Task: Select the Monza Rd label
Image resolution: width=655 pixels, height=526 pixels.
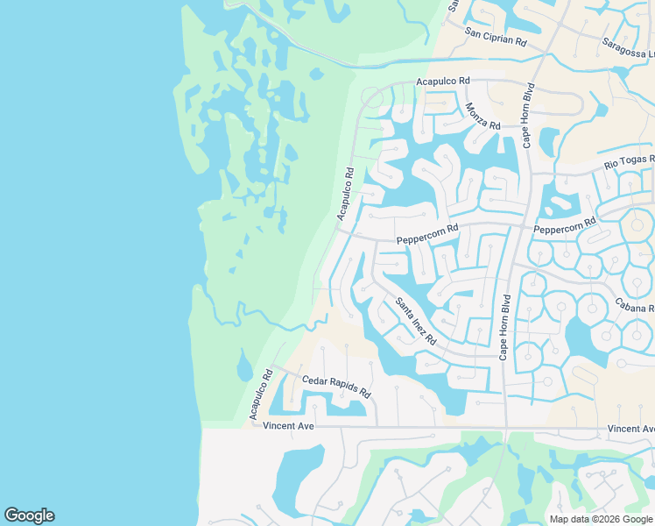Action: pos(482,117)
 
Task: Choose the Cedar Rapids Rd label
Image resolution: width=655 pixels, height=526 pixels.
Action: pos(337,387)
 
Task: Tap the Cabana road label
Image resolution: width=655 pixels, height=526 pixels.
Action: pos(635,307)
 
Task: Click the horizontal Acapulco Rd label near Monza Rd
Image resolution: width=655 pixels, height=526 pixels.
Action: pos(443,81)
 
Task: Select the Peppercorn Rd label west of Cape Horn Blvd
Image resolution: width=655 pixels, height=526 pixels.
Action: pos(427,234)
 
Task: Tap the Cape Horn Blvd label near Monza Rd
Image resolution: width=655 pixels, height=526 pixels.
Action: pos(528,115)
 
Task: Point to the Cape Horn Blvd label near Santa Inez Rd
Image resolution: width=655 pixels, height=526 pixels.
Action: pos(504,326)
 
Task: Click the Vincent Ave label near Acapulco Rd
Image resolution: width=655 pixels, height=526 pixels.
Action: pos(288,425)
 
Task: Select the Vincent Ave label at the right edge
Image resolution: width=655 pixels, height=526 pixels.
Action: pos(631,429)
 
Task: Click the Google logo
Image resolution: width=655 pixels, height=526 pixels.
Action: pos(29,515)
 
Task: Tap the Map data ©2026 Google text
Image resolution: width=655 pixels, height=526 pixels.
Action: pos(600,519)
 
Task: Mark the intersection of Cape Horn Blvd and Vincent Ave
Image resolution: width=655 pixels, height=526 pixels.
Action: pos(504,429)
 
